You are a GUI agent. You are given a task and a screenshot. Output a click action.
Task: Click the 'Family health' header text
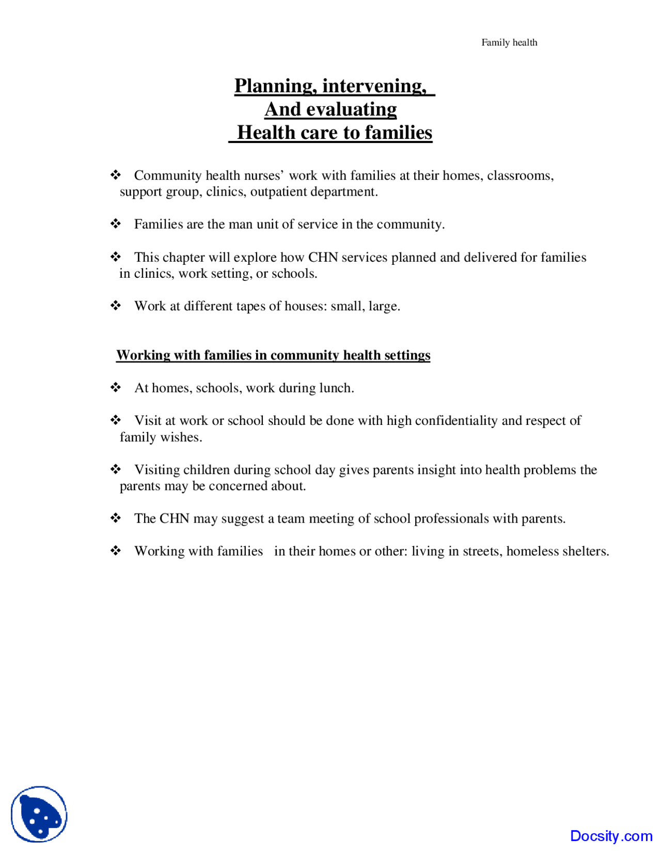509,42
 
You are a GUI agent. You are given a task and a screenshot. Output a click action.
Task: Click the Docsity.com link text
611,835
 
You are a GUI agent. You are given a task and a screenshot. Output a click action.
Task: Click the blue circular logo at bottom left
39,814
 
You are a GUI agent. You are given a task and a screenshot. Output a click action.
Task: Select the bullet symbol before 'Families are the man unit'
116,224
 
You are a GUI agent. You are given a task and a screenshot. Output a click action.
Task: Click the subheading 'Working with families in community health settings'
273,355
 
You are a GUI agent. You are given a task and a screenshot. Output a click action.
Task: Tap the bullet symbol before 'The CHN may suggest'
116,518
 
